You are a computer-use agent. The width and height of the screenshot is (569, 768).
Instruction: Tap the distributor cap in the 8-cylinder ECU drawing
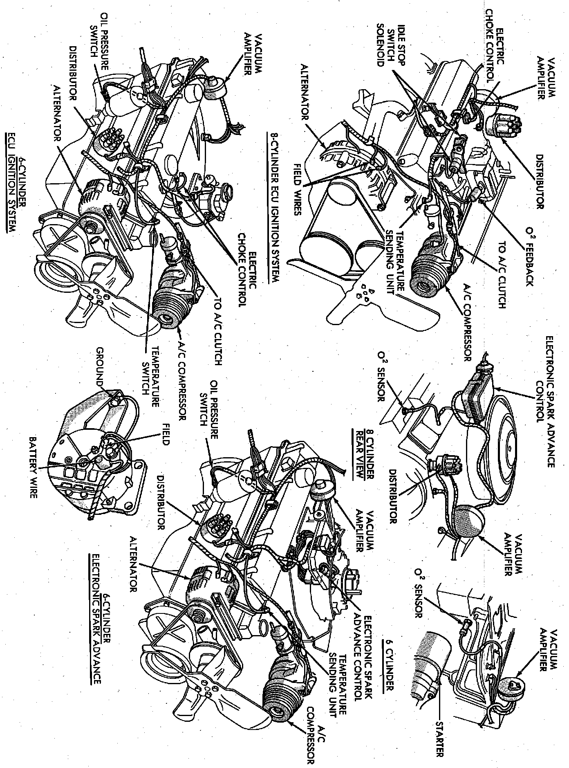click(x=502, y=119)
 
